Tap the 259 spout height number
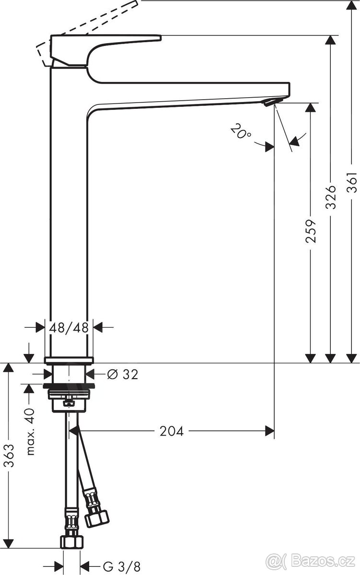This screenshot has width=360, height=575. [311, 231]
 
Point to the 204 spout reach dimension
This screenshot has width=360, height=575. [172, 431]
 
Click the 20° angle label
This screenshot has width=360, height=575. [241, 130]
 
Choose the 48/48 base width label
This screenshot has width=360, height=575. [69, 327]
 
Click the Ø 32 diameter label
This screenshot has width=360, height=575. [123, 374]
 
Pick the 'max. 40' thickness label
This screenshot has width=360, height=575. [30, 431]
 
